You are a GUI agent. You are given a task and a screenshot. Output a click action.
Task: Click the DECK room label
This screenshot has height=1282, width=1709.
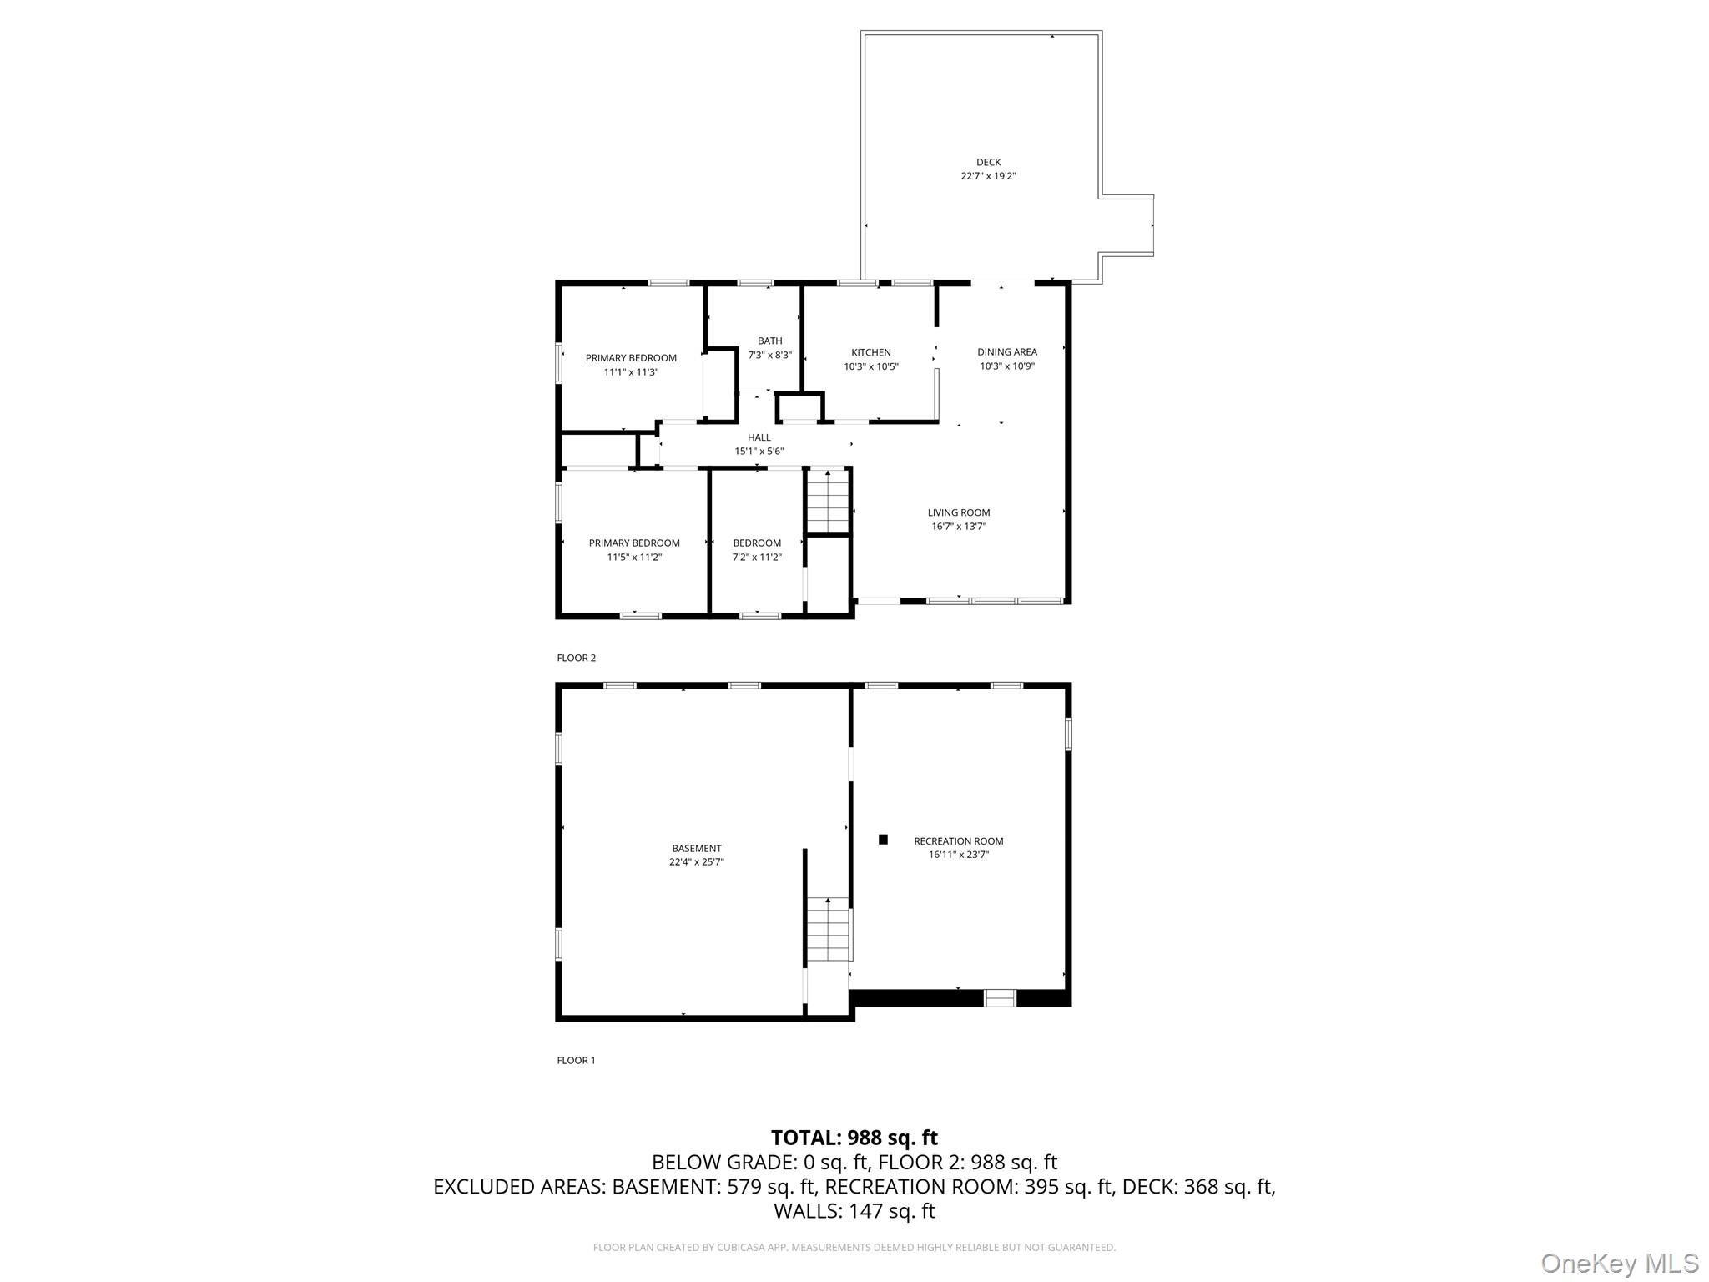(988, 162)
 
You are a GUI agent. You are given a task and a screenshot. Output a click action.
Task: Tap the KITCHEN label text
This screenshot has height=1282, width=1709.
(870, 352)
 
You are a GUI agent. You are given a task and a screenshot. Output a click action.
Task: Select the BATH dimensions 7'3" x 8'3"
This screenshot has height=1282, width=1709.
(769, 355)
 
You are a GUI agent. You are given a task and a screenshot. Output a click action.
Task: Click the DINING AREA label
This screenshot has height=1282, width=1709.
(1006, 351)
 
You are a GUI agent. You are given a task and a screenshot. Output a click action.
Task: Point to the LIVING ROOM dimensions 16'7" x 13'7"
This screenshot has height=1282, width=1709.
(958, 527)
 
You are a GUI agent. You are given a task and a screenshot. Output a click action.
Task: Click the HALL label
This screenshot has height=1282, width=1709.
(759, 437)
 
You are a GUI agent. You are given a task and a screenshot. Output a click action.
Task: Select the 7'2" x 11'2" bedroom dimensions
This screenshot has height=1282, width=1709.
(757, 557)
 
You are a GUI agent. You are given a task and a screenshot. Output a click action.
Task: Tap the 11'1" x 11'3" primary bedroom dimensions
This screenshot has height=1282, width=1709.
(631, 372)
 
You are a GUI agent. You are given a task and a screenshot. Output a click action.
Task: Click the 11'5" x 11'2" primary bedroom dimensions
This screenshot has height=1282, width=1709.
(634, 557)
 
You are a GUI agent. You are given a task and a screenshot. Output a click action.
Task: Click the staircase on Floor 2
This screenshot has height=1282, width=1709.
(827, 501)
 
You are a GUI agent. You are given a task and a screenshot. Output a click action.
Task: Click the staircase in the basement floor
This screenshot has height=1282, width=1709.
(828, 929)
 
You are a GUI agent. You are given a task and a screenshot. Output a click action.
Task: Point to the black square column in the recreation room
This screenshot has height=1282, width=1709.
(883, 840)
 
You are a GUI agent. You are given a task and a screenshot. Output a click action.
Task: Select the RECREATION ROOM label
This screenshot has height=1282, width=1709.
(958, 841)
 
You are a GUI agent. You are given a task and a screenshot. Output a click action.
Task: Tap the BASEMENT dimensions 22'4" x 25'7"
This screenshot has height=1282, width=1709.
(696, 862)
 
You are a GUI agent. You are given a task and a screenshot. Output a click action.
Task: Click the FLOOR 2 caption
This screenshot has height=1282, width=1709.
(576, 658)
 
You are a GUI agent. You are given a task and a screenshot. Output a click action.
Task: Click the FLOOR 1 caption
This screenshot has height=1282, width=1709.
(576, 1060)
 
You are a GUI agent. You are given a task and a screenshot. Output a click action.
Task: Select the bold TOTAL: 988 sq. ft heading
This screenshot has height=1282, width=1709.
(854, 1138)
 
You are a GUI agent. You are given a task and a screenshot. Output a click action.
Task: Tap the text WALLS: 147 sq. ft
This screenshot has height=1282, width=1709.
(854, 1211)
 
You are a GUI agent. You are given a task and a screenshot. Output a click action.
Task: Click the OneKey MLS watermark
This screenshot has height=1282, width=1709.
(1619, 1264)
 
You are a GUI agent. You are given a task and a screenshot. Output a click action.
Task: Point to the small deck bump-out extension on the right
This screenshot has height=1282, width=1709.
(1127, 225)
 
